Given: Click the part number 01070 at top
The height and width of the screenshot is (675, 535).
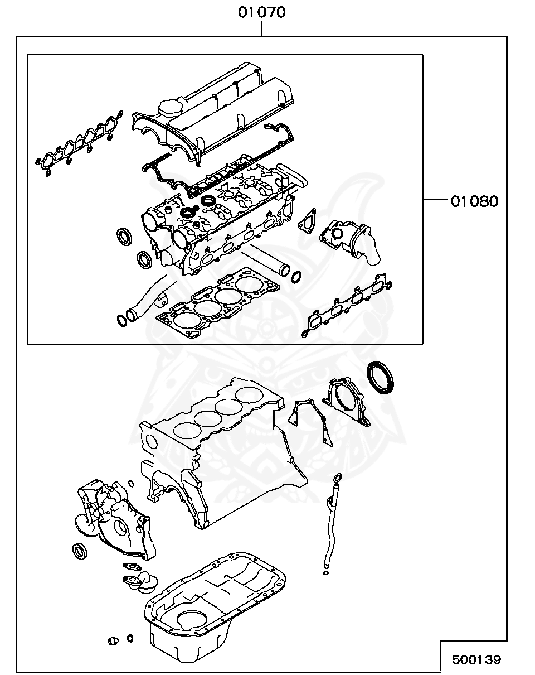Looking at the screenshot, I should coord(261,12).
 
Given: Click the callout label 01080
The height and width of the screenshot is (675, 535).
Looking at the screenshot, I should coord(474,201).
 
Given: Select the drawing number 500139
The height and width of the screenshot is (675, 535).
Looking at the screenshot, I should coord(476,660).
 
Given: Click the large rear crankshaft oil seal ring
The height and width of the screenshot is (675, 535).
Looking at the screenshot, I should coord(380,378).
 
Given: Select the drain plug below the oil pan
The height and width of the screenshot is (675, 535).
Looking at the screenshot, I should coord(114,639).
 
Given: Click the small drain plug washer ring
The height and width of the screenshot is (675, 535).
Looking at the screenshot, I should coord(130,638).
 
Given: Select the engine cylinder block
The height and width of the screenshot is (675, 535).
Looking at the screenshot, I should coord(223,452).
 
